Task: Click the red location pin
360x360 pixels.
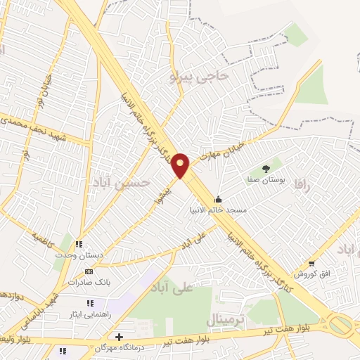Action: coord(181,165)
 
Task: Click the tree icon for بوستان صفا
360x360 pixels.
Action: coord(266,168)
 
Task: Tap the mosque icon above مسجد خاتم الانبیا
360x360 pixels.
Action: coord(219,199)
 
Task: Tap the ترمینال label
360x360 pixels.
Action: coord(225,321)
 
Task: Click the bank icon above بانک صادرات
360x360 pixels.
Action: coord(89,271)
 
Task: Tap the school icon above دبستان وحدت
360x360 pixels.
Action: coord(79,244)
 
